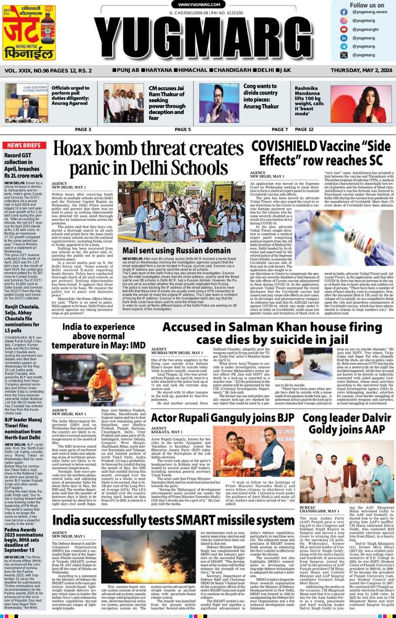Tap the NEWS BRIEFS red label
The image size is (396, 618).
(23, 145)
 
